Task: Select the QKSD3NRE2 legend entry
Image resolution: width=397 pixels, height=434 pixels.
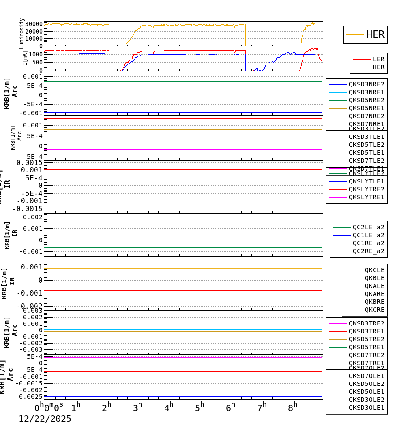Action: (x=366, y=84)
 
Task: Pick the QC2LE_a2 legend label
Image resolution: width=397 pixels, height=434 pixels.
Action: (x=368, y=227)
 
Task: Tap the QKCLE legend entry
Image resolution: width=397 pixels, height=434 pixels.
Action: (x=374, y=270)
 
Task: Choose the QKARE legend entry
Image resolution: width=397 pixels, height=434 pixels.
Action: (x=374, y=294)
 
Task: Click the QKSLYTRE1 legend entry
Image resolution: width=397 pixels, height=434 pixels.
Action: (x=366, y=197)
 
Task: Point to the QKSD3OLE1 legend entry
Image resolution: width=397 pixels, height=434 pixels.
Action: (x=366, y=408)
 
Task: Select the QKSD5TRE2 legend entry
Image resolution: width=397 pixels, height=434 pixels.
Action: (x=366, y=339)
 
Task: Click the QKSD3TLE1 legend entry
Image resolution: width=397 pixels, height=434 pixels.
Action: (x=366, y=137)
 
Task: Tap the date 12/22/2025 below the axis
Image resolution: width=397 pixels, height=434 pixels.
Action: (x=45, y=419)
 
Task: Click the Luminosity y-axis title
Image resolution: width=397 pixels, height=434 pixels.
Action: (x=22, y=33)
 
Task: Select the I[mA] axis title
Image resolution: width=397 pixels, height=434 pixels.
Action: (x=25, y=58)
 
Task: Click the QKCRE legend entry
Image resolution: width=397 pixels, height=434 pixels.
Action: (x=374, y=310)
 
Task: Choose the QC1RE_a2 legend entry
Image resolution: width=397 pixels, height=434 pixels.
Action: (x=368, y=243)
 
